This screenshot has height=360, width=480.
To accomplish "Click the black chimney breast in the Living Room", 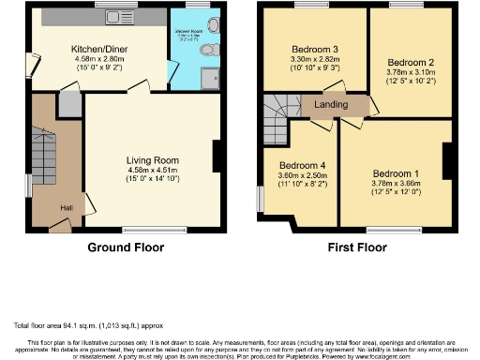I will pos(217,156).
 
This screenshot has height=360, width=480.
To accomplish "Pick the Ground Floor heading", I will pos(126,248).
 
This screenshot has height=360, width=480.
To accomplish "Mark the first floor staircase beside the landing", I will pos(279,118).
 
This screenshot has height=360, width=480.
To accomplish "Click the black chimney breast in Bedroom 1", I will pos(449,159).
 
